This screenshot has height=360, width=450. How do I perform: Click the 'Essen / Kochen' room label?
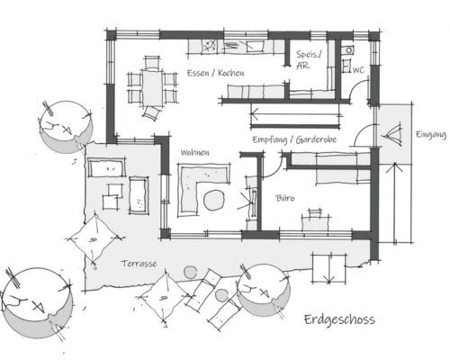pyautogui.click(x=215, y=73)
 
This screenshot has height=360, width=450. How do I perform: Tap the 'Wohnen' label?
pyautogui.click(x=194, y=153)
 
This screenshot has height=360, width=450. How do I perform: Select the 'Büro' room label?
pyautogui.click(x=285, y=198)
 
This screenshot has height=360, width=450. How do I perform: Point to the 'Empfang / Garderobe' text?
pyautogui.click(x=294, y=139)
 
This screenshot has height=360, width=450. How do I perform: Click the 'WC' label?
pyautogui.click(x=358, y=70)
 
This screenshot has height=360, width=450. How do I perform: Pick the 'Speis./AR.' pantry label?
pyautogui.click(x=309, y=60)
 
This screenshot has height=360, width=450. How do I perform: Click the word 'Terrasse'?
pyautogui.click(x=139, y=264)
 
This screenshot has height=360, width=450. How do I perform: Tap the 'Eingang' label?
pyautogui.click(x=431, y=135)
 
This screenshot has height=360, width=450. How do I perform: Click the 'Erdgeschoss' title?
pyautogui.click(x=339, y=319)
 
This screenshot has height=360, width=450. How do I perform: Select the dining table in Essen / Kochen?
pyautogui.click(x=152, y=88)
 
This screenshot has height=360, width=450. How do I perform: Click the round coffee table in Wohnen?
pyautogui.click(x=214, y=200)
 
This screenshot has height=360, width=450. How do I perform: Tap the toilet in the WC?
pyautogui.click(x=349, y=50)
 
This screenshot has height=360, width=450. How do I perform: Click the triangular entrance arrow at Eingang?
pyautogui.click(x=392, y=134)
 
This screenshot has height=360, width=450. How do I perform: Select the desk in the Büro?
pyautogui.click(x=316, y=223)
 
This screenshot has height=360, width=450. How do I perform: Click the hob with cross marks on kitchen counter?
pyautogui.click(x=210, y=46)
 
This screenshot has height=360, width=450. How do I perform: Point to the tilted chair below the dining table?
pyautogui.click(x=152, y=113)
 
